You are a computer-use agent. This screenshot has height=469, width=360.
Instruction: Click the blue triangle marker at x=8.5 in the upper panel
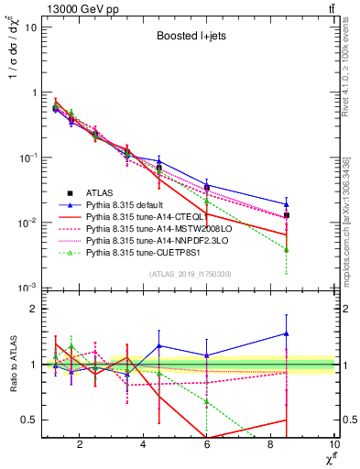(x=287, y=204)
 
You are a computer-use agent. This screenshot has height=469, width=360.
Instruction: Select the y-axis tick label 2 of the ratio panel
(x=35, y=309)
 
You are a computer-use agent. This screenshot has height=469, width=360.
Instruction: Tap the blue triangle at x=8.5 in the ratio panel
(x=287, y=334)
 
